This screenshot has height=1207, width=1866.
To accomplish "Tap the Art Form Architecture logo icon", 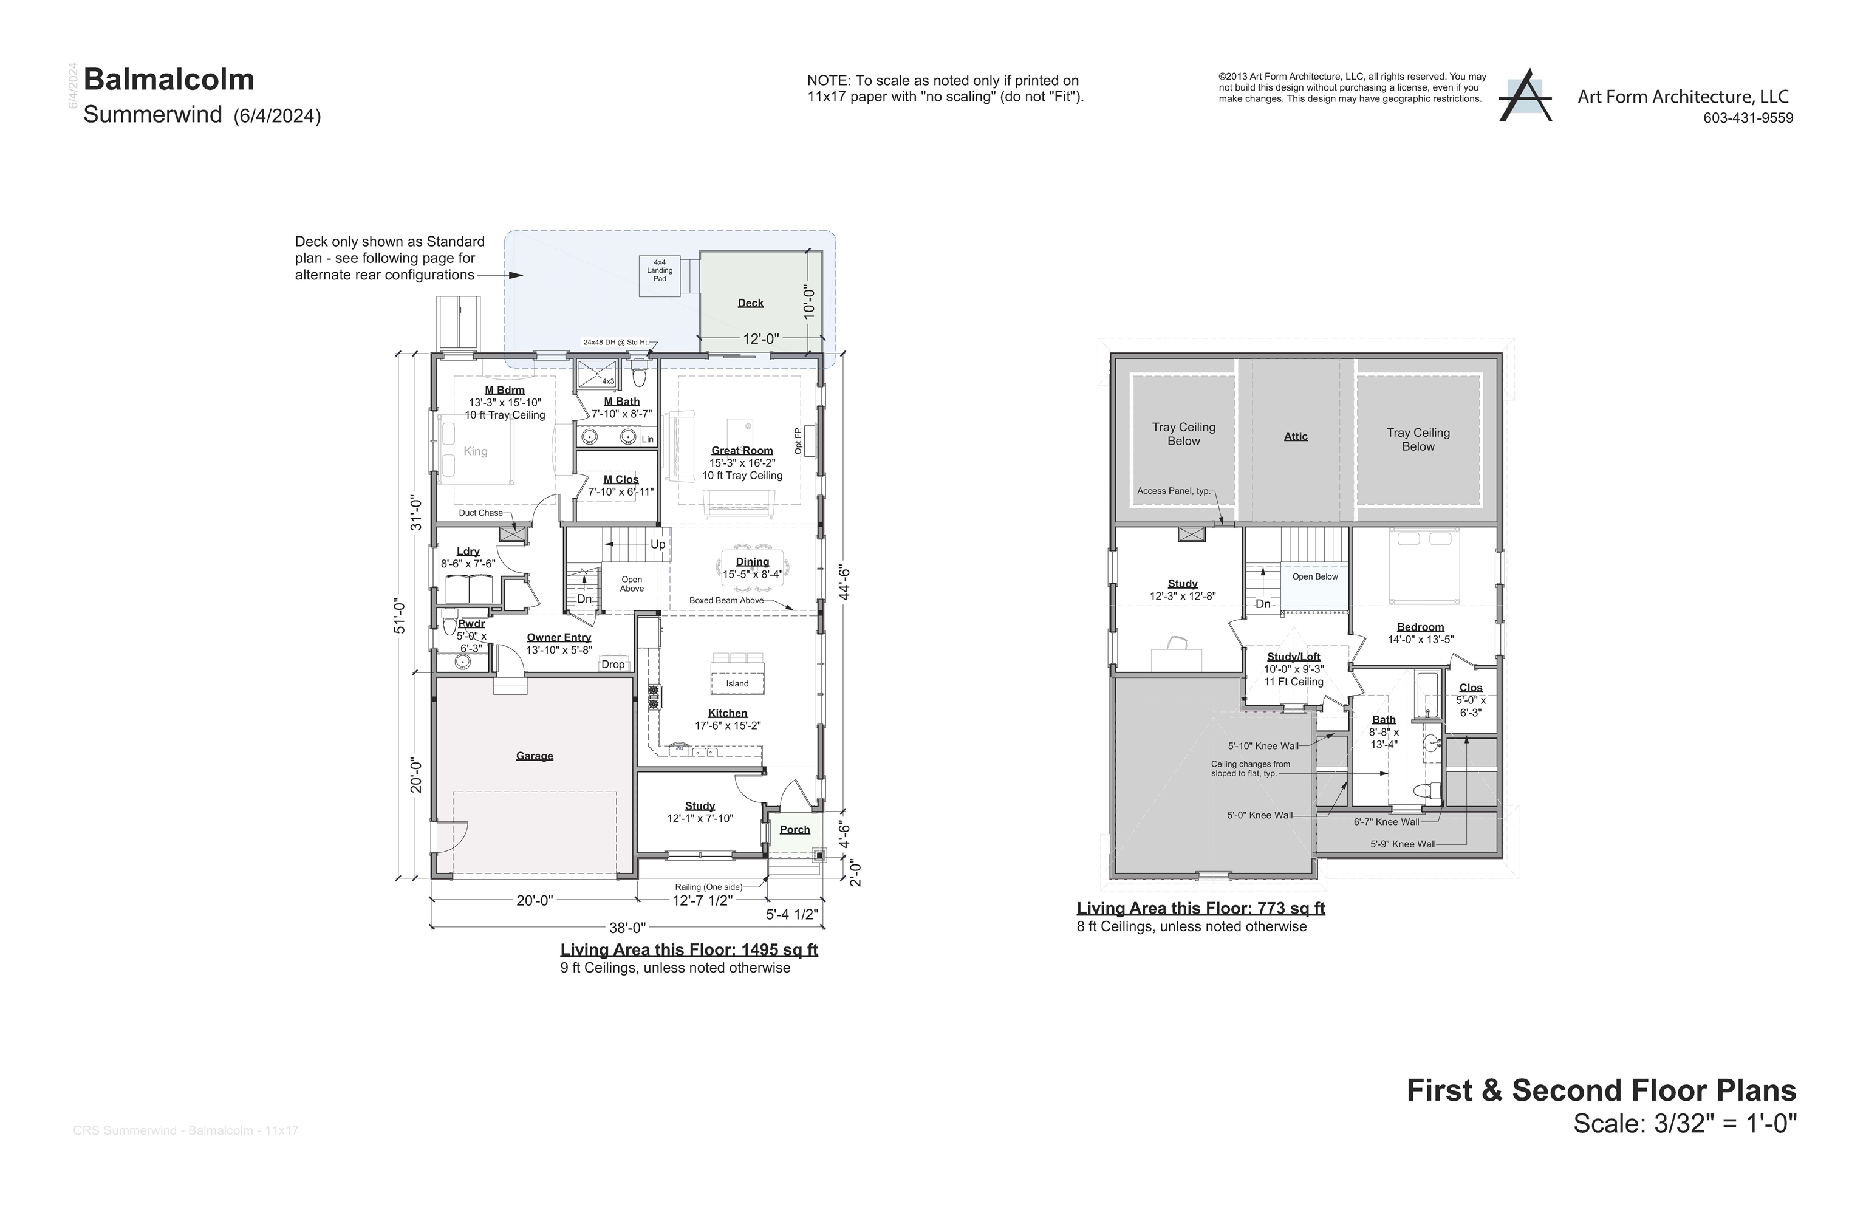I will point(1524,97).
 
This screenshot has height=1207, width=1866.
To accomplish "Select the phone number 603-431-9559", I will point(1748,118).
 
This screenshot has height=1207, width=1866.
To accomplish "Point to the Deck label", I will point(750,303).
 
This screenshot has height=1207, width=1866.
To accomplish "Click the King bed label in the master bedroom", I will point(475,451).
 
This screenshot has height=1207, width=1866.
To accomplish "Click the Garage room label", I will point(535,756).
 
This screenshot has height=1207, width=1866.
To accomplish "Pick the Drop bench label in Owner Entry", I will point(613,665).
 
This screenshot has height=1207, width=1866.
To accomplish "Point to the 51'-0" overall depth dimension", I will point(400,616).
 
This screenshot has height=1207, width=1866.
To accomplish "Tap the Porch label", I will point(795,830).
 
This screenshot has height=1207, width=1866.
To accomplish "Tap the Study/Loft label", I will point(1293,657).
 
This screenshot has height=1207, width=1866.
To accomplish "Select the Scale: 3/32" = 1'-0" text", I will point(1684,1124).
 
